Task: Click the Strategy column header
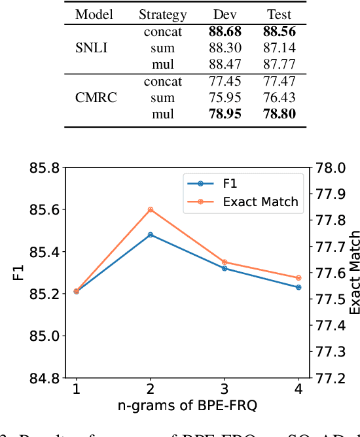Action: tap(163, 14)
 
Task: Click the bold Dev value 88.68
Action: tap(226, 31)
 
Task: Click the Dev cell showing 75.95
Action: tap(226, 98)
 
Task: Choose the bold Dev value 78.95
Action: tap(226, 114)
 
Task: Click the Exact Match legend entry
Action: tap(260, 201)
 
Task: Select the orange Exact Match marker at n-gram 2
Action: tap(151, 209)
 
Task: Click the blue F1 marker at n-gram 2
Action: tap(151, 234)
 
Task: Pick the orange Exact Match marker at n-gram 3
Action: tap(225, 262)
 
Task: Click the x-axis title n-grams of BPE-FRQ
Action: tap(187, 406)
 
